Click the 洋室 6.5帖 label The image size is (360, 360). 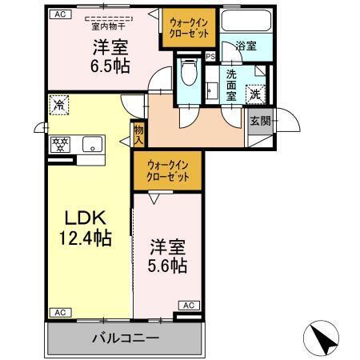pyautogui.click(x=110, y=55)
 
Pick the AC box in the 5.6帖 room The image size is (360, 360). pyautogui.click(x=189, y=305)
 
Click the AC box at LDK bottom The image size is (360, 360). pyautogui.click(x=58, y=312)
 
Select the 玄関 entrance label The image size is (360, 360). pyautogui.click(x=259, y=122)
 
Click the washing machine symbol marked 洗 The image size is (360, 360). pyautogui.click(x=257, y=92)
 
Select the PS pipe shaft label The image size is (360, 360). pyautogui.click(x=210, y=56)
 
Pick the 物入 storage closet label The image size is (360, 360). pyautogui.click(x=138, y=133)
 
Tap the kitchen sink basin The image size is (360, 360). pyautogui.click(x=92, y=145)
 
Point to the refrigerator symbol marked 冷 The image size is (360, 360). pyautogui.click(x=58, y=103)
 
